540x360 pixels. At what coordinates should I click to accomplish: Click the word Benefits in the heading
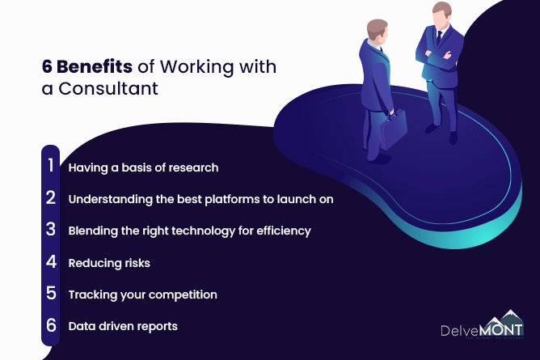(x=95, y=66)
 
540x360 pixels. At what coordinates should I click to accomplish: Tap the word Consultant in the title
(x=108, y=88)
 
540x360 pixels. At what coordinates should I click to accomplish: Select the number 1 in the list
(x=51, y=165)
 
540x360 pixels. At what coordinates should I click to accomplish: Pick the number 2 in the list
(x=51, y=197)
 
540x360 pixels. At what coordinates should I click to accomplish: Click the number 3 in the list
(x=51, y=229)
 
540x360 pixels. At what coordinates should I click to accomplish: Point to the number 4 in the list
(x=51, y=261)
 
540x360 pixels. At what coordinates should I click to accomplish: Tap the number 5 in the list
(x=51, y=293)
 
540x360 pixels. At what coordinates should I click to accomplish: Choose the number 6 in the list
(x=51, y=325)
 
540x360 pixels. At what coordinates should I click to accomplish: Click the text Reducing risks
(x=109, y=263)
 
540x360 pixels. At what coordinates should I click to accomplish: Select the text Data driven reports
(x=123, y=326)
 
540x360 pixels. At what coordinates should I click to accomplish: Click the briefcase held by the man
(x=394, y=128)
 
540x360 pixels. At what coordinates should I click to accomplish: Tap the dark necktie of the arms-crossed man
(x=439, y=37)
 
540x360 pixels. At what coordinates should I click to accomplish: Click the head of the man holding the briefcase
(x=378, y=30)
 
